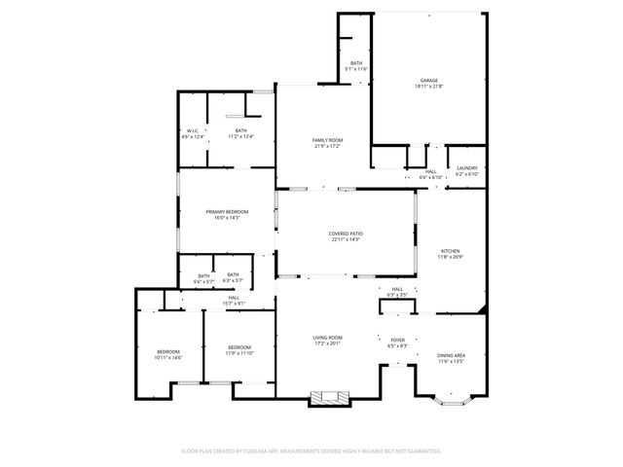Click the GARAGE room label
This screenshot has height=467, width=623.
click(429, 82)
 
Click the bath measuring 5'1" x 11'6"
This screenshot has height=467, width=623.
click(356, 65)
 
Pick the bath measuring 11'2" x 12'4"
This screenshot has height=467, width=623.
click(240, 133)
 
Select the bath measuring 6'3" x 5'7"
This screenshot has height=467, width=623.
click(233, 277)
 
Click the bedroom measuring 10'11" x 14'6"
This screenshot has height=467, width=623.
click(168, 354)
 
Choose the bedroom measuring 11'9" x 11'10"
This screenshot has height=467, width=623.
click(239, 350)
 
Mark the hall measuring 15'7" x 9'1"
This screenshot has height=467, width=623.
click(234, 300)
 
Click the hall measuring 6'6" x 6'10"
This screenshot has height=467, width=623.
click(430, 174)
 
